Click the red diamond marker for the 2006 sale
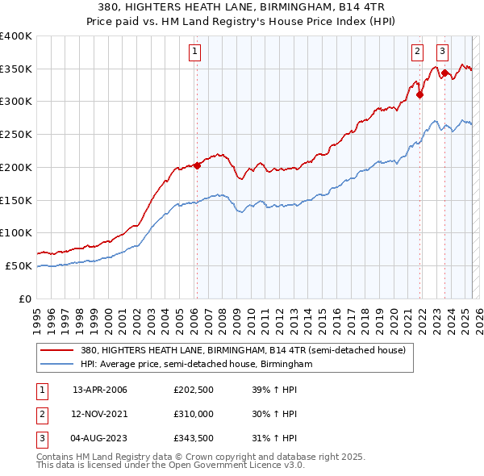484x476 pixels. click(197, 166)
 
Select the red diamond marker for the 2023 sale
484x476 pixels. click(444, 73)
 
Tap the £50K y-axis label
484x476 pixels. click(19, 265)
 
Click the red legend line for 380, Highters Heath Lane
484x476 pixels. click(58, 351)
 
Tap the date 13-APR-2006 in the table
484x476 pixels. click(100, 390)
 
